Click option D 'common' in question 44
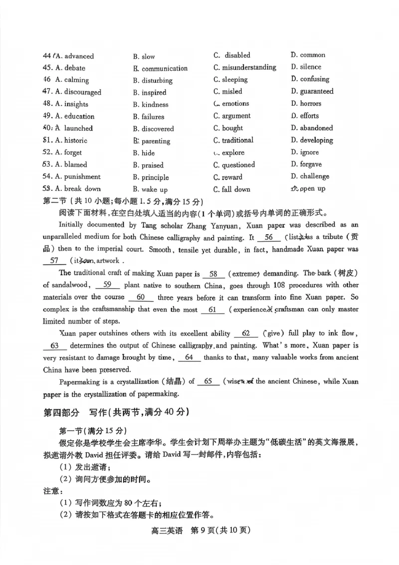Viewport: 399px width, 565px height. coord(312,55)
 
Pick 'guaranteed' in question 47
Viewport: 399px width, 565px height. coord(316,91)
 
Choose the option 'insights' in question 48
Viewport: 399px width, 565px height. coord(76,104)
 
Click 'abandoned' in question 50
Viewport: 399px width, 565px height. coord(316,128)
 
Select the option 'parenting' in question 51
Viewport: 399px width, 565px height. coord(156,141)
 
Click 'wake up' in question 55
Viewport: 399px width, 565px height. coord(154,190)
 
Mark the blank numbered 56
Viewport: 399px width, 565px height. coord(269,238)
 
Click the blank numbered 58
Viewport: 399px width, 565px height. coord(214,274)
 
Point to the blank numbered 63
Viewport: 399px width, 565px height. coord(55,346)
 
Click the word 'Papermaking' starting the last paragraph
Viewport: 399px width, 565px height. coord(81,382)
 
